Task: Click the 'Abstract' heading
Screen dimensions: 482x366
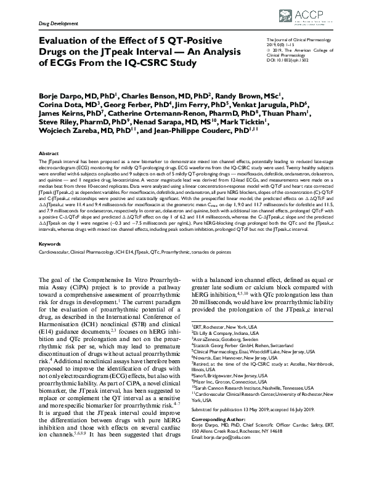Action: coord(49,153)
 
